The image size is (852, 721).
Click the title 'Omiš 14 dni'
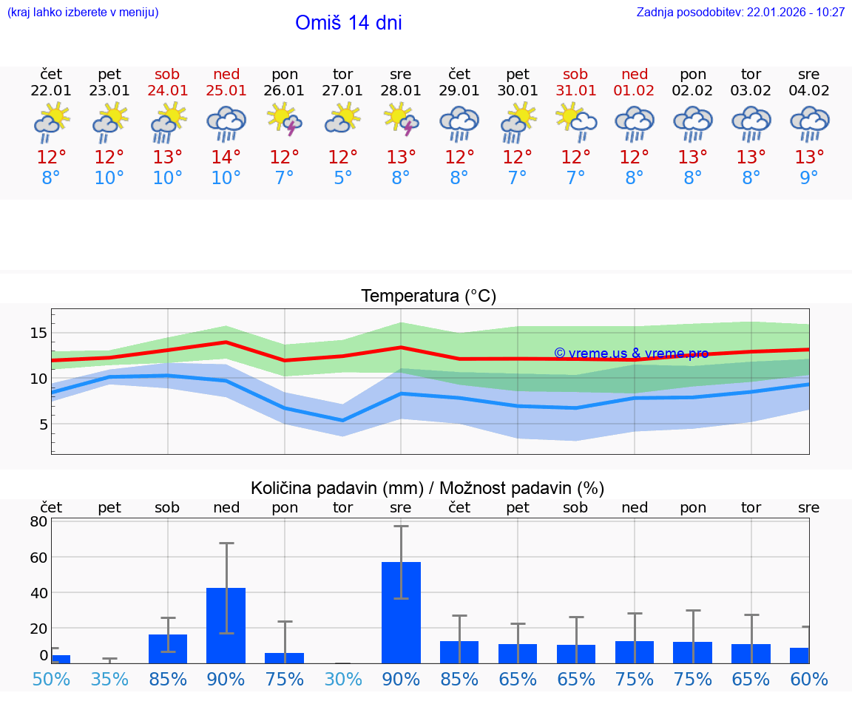click(x=348, y=23)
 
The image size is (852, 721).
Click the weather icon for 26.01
click(x=285, y=120)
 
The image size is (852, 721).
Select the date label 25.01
click(x=226, y=91)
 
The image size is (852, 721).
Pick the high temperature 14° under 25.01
click(x=226, y=158)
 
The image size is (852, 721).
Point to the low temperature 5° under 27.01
click(x=342, y=178)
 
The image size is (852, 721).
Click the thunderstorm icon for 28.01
click(x=401, y=120)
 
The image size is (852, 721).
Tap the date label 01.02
click(x=635, y=91)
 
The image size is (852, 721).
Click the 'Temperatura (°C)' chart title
click(x=428, y=297)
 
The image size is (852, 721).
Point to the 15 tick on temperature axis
click(x=38, y=333)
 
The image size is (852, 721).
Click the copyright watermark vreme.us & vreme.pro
click(x=631, y=353)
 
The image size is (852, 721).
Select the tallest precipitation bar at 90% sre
click(x=401, y=612)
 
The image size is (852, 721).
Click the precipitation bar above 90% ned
click(x=226, y=625)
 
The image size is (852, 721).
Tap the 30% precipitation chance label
click(x=342, y=679)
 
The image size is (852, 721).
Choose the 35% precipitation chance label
click(x=109, y=679)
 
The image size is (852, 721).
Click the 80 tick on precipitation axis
click(x=38, y=521)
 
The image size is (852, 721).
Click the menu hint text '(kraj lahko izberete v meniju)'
click(x=83, y=13)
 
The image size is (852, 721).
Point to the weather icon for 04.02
click(x=809, y=123)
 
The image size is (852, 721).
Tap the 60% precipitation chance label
click(x=808, y=679)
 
